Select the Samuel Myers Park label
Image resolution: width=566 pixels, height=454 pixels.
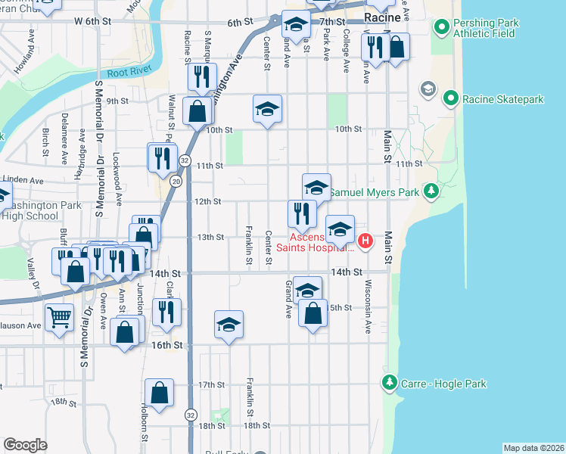tap(374, 193)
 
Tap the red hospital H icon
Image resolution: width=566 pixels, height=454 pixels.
tap(365, 241)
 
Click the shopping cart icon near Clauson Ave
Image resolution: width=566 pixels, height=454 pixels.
tap(59, 316)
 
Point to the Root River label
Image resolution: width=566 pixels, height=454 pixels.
tap(126, 73)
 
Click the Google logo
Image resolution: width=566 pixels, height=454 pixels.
tap(26, 445)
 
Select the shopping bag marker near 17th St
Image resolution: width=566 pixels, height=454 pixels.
tap(160, 393)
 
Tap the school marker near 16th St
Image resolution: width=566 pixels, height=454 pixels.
tap(229, 325)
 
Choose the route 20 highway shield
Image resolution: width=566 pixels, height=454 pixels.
tap(176, 181)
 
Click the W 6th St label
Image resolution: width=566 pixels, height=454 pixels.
tap(92, 22)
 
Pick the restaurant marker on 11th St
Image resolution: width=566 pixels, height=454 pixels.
tap(163, 157)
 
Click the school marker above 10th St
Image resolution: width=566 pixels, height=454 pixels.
tap(266, 109)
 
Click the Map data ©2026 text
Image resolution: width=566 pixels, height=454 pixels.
tap(533, 448)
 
